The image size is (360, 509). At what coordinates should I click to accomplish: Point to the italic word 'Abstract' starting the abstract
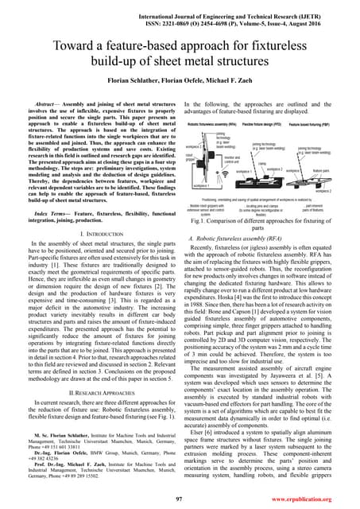[x=41, y=104]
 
